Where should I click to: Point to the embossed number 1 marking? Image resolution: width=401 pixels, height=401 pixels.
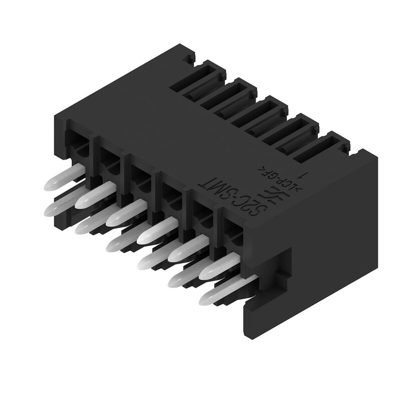[303, 175]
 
